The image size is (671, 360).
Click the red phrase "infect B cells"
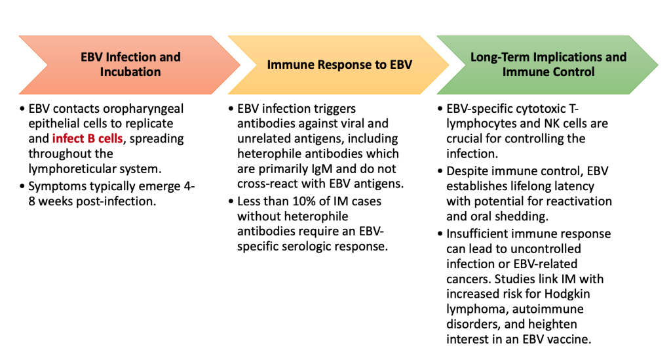coord(87,139)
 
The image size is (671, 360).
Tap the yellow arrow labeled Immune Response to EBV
coord(339,65)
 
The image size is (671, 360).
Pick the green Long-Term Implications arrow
coord(547,65)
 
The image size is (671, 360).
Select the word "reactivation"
coord(578,201)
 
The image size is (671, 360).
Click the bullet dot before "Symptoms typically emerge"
coord(22,187)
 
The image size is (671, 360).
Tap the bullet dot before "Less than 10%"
coord(231,201)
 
